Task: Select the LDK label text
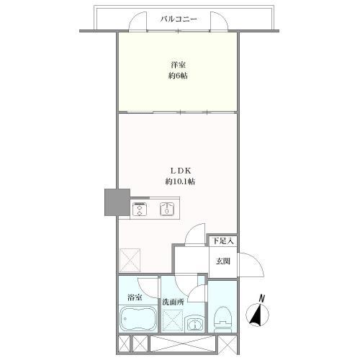(179, 171)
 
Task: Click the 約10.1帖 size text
(179, 181)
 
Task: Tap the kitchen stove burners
(138, 210)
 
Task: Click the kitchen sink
(166, 210)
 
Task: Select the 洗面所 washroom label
(173, 302)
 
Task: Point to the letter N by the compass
(263, 297)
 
